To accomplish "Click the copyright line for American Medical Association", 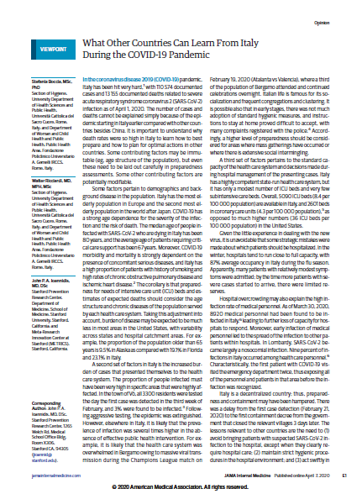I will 180,486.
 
